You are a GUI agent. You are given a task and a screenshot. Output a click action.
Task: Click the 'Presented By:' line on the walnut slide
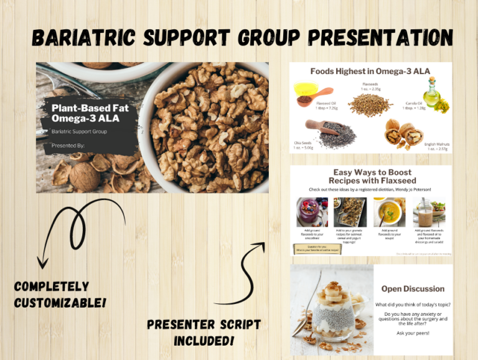(x=68, y=147)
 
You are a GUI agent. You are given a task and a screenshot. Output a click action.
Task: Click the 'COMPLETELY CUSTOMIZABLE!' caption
(x=60, y=294)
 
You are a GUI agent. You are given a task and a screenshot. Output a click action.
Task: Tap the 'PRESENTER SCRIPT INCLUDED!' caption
(x=204, y=333)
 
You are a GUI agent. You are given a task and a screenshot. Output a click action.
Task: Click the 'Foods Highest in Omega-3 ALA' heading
(x=370, y=71)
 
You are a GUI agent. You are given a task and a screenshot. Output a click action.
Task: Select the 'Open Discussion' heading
(x=413, y=288)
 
